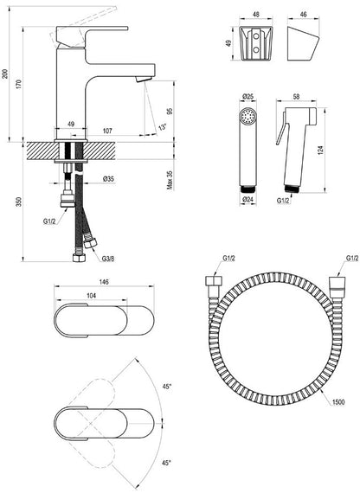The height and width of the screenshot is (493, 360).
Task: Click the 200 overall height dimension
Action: click(x=4, y=74)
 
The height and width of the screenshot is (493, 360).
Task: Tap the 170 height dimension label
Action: click(x=19, y=84)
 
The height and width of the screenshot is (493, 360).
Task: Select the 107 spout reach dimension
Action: click(x=107, y=131)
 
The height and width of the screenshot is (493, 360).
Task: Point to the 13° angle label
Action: click(x=163, y=127)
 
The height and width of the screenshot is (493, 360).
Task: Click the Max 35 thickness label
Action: click(x=170, y=180)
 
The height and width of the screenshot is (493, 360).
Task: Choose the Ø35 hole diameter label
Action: click(x=108, y=179)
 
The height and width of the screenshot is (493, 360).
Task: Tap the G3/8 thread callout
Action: click(x=108, y=259)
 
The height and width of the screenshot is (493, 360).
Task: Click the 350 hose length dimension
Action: click(x=19, y=202)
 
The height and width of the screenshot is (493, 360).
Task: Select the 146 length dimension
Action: click(x=104, y=282)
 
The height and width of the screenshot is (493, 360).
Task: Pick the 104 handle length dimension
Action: click(x=91, y=296)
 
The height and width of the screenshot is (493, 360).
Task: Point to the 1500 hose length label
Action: click(x=338, y=402)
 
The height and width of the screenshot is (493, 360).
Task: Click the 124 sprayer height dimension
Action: click(x=321, y=150)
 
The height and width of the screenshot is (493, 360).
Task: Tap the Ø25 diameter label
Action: click(x=248, y=96)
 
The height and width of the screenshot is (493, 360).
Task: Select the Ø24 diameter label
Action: click(x=248, y=199)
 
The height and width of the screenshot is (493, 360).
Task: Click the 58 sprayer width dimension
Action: click(x=296, y=97)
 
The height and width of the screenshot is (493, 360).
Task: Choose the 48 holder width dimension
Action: click(x=256, y=15)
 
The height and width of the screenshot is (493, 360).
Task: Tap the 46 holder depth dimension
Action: click(x=304, y=15)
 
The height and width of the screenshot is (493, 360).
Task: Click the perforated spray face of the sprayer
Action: click(x=248, y=116)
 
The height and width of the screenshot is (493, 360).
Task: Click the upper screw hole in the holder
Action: click(x=256, y=36)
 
